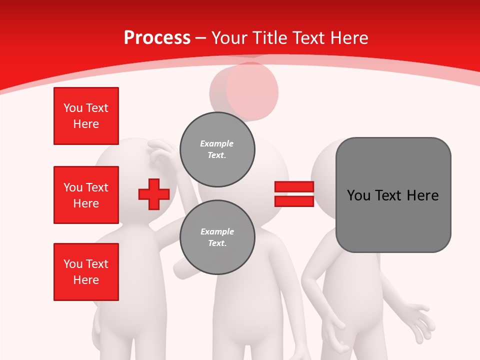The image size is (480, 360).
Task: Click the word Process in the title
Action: coord(157,38)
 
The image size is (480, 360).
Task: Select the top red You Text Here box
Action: coord(86,116)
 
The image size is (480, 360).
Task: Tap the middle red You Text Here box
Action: coord(86,195)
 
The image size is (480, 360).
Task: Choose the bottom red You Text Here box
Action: coord(86,272)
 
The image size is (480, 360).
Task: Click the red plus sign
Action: coord(154,194)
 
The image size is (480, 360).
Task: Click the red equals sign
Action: coord(294,194)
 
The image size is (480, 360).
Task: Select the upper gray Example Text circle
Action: coord(217,149)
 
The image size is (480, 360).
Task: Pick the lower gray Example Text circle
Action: coord(217,237)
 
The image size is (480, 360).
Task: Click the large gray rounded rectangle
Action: coord(393,195)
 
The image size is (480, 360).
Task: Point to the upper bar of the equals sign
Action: coord(294,187)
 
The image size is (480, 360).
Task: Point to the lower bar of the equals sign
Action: coord(294,201)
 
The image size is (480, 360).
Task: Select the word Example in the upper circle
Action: coord(216,143)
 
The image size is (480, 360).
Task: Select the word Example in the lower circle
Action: coord(217,231)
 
